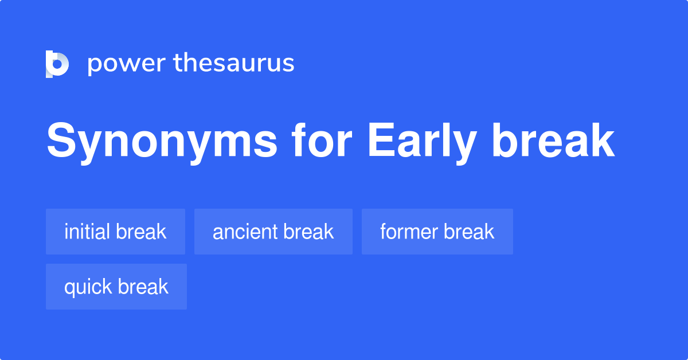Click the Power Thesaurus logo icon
(x=57, y=64)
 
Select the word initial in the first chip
(x=87, y=232)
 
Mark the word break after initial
(x=141, y=232)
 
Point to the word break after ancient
(x=308, y=232)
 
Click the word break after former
(x=468, y=232)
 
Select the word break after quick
(x=143, y=287)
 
